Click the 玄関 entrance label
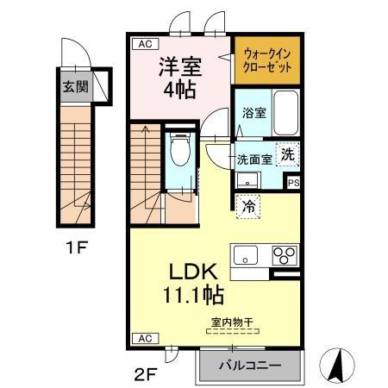click(x=73, y=86)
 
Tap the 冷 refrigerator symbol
click(x=247, y=206)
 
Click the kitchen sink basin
click(x=244, y=256)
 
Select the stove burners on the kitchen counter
click(x=285, y=255)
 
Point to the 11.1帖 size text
click(x=194, y=296)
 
